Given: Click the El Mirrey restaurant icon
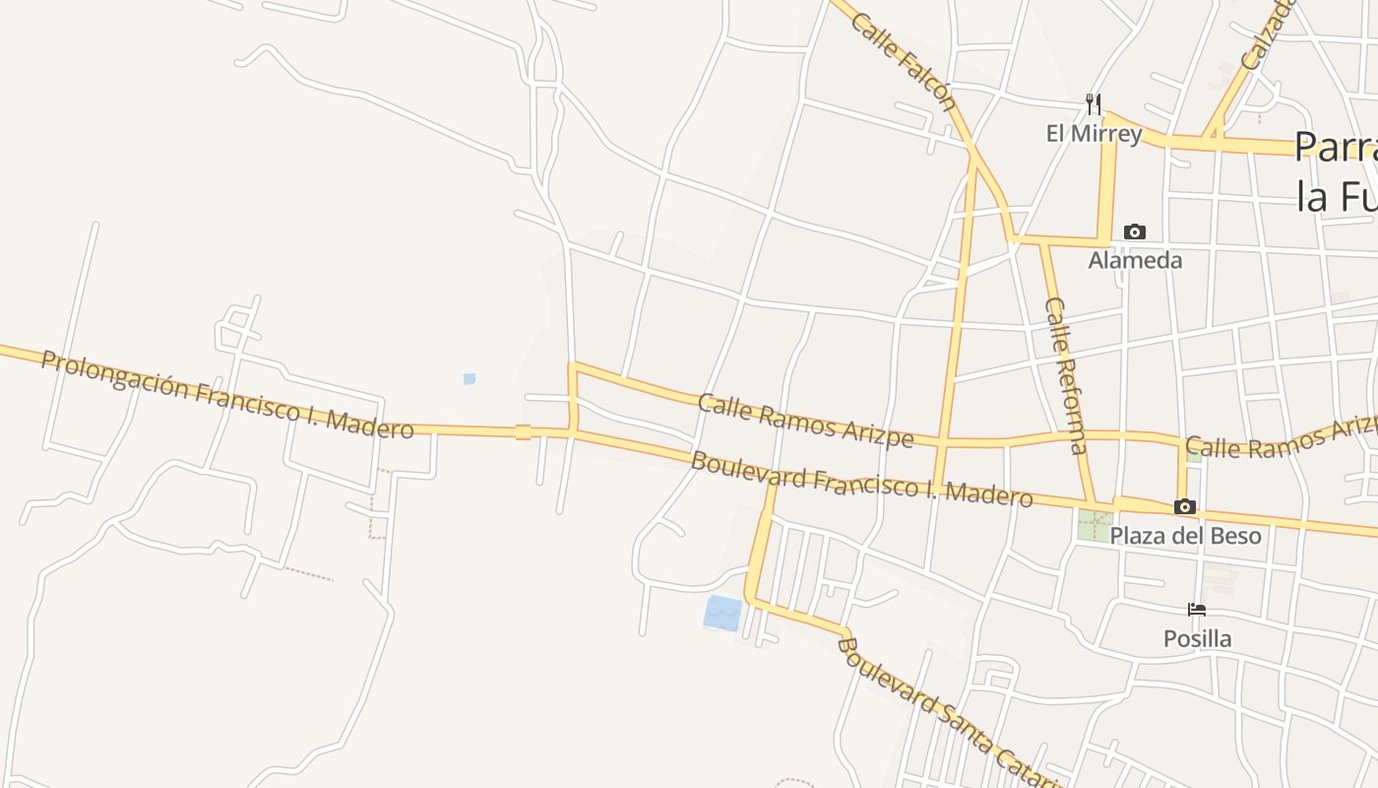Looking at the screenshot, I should (x=1093, y=102).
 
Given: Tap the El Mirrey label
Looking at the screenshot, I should (x=1094, y=133).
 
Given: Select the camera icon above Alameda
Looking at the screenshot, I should (x=1135, y=232).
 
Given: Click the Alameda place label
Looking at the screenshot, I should (x=1135, y=260).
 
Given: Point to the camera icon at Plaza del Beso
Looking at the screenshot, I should (x=1185, y=506).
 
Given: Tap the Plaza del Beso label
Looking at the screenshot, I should (x=1185, y=536).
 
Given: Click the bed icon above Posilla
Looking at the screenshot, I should (x=1197, y=610).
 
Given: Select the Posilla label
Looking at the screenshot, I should (x=1197, y=638).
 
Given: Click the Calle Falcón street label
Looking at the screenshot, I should (x=904, y=61).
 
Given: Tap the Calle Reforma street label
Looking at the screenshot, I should (x=1066, y=375).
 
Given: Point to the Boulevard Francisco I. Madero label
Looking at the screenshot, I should (x=862, y=479).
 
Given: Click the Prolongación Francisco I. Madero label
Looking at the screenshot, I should (x=227, y=395).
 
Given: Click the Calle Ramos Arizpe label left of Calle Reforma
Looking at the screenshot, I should (x=805, y=421).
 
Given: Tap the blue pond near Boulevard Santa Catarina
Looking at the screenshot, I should (x=723, y=613).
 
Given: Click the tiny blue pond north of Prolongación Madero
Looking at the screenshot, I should (x=470, y=378).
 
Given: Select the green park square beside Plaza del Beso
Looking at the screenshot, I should (x=1095, y=524).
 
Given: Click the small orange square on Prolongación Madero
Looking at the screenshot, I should (x=523, y=431).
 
